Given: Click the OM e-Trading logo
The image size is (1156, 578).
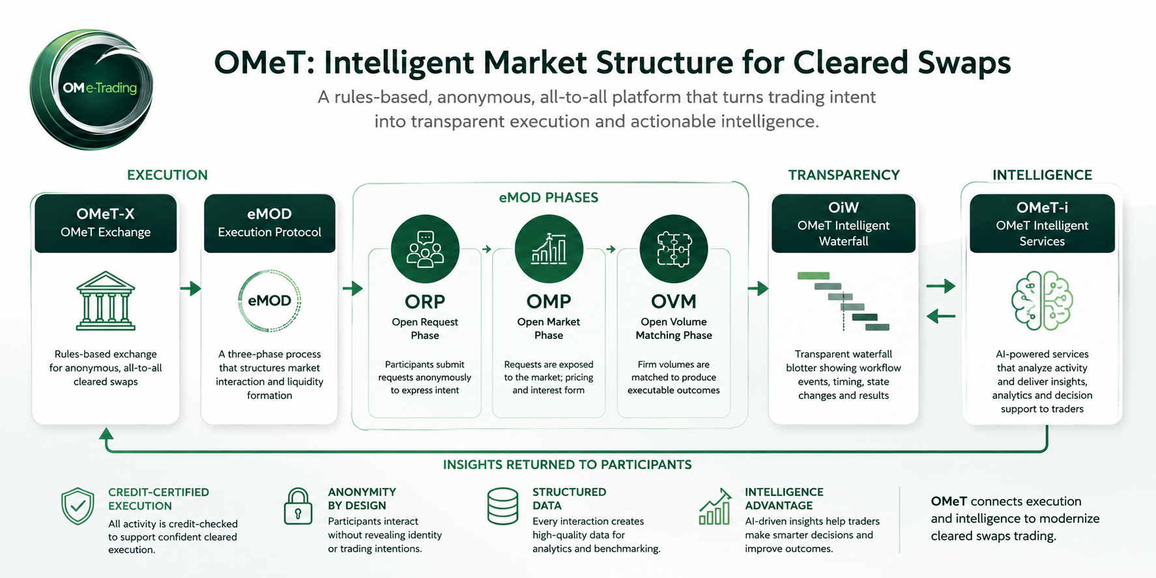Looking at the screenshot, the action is [91, 89].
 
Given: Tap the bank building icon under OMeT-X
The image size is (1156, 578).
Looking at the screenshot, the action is [106, 300].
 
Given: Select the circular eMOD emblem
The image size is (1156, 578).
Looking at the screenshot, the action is [270, 300].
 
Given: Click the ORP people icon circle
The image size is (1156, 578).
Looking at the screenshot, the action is [425, 249].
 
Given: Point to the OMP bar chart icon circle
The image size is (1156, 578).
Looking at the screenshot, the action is [549, 249].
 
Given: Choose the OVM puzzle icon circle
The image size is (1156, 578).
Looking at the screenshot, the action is [674, 249].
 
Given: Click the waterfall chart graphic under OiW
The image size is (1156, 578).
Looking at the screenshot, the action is [843, 301].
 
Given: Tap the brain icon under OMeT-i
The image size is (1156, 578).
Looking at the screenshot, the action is [1042, 300].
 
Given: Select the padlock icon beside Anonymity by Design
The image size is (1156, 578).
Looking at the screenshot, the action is [298, 506].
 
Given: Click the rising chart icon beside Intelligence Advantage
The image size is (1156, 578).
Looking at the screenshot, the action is [715, 506].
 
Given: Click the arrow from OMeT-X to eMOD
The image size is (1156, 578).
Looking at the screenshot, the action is [190, 288].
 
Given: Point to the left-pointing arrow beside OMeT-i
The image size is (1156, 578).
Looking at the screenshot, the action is [940, 317].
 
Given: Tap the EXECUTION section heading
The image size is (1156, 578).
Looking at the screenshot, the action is [167, 175].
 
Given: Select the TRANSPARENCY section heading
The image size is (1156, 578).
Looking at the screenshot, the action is [844, 175].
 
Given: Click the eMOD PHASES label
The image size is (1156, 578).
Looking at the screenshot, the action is [549, 197].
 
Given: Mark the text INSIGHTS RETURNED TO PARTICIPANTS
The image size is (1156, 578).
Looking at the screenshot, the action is [568, 465].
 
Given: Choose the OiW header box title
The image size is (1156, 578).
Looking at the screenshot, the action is [843, 207].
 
